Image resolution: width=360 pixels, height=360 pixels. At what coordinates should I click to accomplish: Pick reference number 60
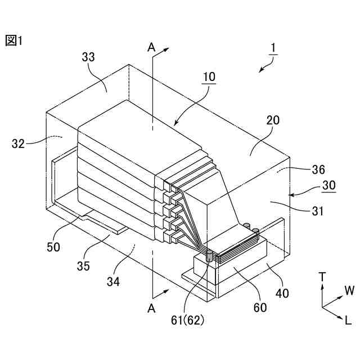[260, 308]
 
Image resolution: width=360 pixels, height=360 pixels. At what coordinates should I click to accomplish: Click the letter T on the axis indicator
[322, 277]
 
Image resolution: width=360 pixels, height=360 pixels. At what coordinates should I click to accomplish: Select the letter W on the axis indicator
[349, 291]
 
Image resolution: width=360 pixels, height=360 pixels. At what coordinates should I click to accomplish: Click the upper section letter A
[151, 48]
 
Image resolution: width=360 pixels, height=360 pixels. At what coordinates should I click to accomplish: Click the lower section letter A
[151, 308]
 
